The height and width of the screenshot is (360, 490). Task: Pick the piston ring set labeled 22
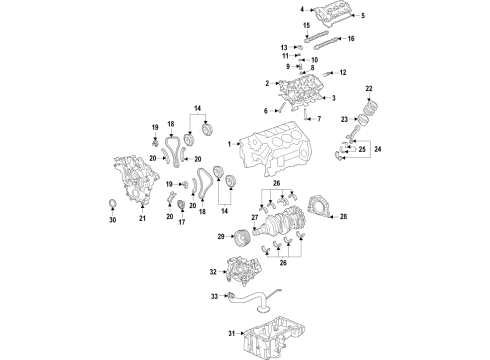[372, 107]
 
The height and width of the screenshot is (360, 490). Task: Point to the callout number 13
[284, 47]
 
